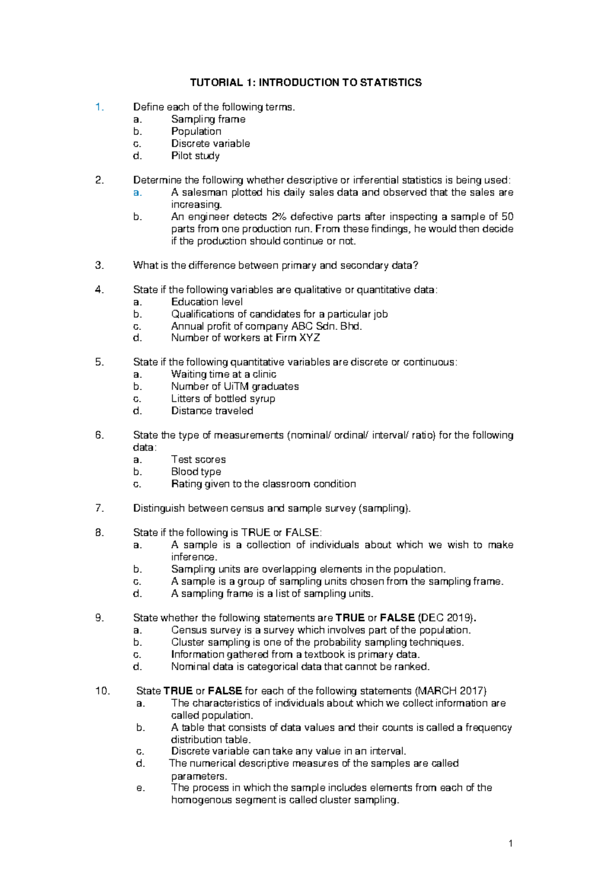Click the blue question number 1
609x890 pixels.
coord(99,107)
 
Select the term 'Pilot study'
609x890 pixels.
coord(195,156)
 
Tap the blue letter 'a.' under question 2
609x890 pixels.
coord(137,193)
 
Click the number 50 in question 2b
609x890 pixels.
coord(507,217)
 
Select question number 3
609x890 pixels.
coord(99,265)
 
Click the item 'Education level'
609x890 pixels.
coord(207,302)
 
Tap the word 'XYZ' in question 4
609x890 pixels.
coord(310,338)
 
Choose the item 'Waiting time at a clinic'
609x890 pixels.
coord(223,374)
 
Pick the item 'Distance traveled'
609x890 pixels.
coord(212,411)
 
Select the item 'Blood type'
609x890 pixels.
coord(196,472)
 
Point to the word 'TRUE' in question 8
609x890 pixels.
coord(256,533)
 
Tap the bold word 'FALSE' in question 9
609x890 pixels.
coord(397,618)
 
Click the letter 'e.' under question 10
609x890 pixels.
coord(141,788)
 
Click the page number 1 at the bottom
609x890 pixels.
coord(511,844)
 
